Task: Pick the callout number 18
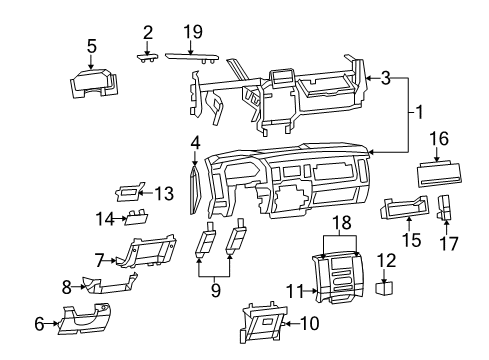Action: (x=341, y=221)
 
